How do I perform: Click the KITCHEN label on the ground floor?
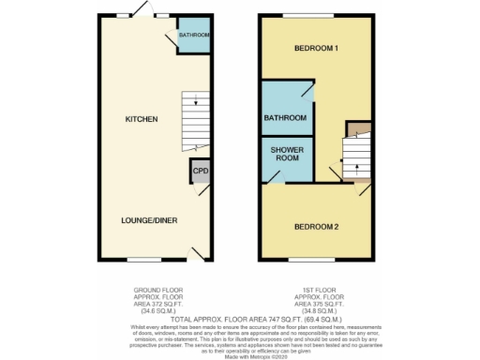(142, 119)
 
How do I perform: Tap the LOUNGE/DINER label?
(149, 220)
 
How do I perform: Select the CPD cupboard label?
(200, 171)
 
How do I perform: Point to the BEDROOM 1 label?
(315, 48)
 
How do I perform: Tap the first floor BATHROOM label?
(285, 118)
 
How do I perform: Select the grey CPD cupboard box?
(200, 172)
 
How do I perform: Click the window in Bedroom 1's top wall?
(302, 16)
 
